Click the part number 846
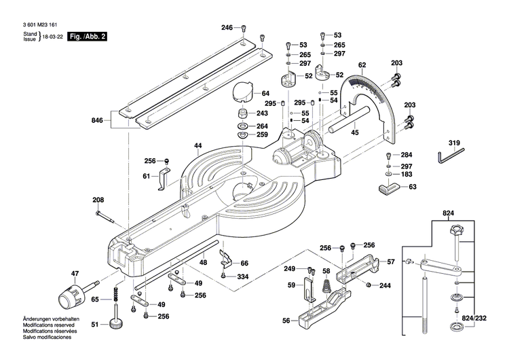(x=97, y=120)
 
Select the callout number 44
(x=198, y=146)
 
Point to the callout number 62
(x=362, y=65)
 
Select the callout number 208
(x=98, y=200)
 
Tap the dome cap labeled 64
(x=242, y=90)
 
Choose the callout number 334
(x=243, y=276)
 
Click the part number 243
(x=262, y=113)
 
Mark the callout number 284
(x=406, y=155)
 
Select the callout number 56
(x=286, y=321)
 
